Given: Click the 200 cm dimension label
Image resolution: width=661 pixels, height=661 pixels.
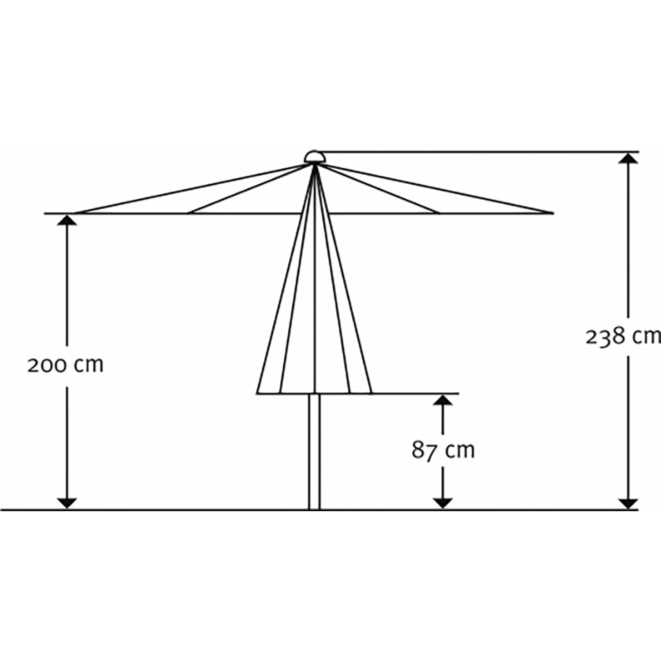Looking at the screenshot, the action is [65, 365].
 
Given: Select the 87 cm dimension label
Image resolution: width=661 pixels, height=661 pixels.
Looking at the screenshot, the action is [443, 450].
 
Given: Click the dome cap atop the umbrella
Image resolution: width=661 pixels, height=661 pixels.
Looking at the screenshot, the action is [315, 157].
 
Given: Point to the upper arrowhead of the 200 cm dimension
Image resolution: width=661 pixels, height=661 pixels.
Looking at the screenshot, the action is [67, 219].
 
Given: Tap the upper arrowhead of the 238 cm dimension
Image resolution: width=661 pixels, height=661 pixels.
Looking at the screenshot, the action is [628, 158].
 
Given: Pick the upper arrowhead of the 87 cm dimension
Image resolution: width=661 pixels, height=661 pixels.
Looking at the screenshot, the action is [443, 400].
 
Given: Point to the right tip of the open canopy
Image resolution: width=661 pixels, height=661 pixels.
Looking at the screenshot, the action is [553, 213].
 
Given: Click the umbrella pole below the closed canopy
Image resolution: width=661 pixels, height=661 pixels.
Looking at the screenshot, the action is [314, 452].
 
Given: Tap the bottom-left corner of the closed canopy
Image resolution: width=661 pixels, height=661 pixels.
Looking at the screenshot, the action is [257, 393].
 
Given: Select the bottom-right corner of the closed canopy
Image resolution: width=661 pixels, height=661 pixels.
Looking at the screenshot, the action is [372, 393].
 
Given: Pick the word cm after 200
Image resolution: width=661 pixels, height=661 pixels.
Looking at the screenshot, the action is [89, 366].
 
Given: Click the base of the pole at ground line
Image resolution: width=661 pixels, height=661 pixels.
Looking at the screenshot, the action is [314, 509].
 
